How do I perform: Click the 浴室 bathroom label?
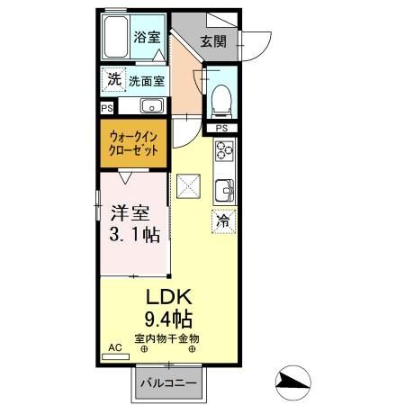pyautogui.click(x=147, y=39)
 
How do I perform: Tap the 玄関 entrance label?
pyautogui.click(x=212, y=40)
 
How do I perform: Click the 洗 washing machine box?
pyautogui.click(x=113, y=80)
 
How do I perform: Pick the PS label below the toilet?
pyautogui.click(x=220, y=129)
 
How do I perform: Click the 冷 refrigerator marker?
pyautogui.click(x=221, y=219)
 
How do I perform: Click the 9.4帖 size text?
pyautogui.click(x=167, y=319)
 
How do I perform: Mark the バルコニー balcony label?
pyautogui.click(x=167, y=383)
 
